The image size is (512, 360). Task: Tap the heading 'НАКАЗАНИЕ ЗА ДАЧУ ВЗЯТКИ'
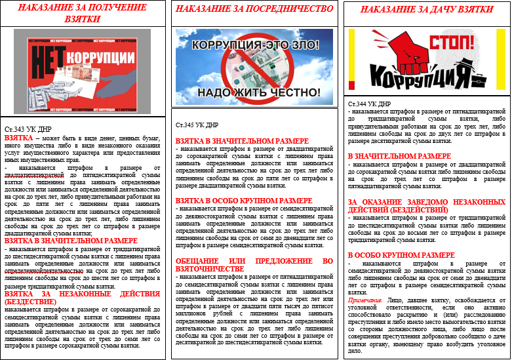tap(425, 11)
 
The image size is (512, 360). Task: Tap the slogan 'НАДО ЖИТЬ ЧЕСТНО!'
tap(255, 92)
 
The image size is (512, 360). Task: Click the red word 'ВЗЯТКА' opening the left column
tap(20, 139)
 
